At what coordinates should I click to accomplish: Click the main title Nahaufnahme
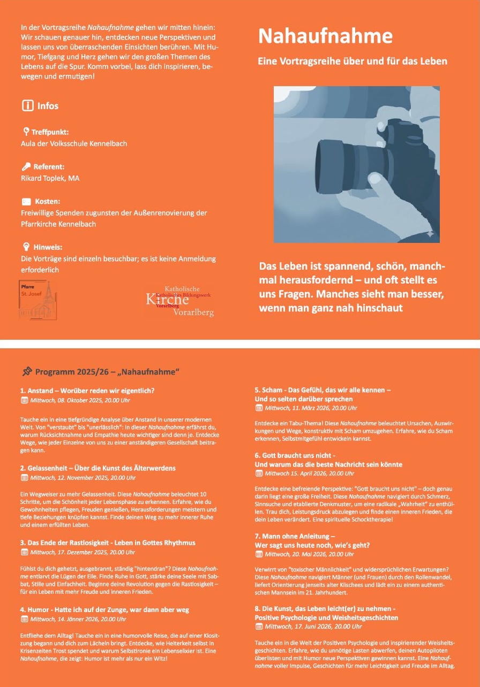pos(325,36)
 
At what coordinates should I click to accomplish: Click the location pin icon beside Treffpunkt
pos(26,132)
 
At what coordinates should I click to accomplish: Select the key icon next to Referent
pos(26,166)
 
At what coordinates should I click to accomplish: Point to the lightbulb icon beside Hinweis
pos(26,247)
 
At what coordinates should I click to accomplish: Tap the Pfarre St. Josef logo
pos(37,299)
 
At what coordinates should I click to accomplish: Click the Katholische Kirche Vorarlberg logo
pos(180,300)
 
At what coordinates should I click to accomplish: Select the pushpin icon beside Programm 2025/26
pos(27,371)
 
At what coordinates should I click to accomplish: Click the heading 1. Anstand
pos(87,391)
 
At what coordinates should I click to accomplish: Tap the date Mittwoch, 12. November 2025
pos(82,478)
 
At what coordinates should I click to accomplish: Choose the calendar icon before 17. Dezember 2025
pos(24,552)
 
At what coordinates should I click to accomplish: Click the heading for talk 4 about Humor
pos(104,609)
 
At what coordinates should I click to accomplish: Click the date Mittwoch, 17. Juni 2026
pos(313,627)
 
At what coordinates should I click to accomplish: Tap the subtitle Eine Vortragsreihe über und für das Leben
pos(352,62)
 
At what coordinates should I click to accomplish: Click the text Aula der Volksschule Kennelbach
pos(74,143)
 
